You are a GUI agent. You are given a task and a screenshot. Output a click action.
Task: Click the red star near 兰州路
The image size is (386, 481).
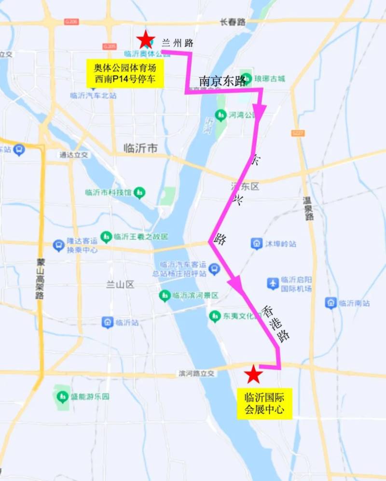145,40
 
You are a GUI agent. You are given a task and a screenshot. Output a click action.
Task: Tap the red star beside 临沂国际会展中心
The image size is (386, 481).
253,374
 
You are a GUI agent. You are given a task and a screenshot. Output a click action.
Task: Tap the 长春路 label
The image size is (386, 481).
233,22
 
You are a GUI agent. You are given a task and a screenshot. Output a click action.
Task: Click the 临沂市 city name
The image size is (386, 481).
140,148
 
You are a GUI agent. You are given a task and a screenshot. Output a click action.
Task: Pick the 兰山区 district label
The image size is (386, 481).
120,284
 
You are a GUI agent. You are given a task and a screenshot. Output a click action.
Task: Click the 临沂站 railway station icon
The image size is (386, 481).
108,322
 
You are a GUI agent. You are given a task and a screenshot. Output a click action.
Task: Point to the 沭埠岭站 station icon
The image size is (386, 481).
257,244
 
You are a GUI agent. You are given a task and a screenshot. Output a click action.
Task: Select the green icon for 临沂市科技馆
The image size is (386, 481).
139,193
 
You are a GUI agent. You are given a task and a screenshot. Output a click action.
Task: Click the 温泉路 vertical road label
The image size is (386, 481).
308,208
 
